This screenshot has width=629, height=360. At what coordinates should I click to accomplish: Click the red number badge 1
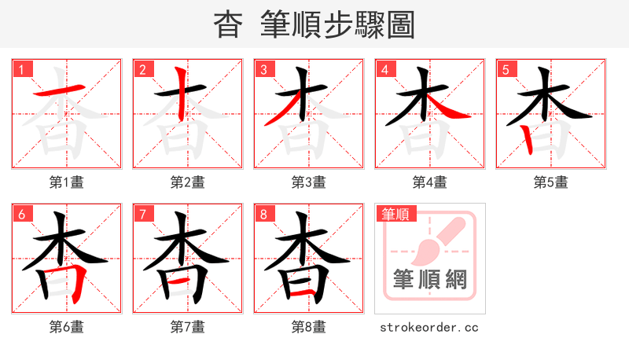coord(21,69)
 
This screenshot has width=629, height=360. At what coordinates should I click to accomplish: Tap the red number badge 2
coord(142,69)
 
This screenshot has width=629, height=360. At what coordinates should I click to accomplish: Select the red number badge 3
coord(263,69)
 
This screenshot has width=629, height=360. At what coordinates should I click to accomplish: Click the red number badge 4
coord(384,69)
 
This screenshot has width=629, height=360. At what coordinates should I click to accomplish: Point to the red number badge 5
coord(506,69)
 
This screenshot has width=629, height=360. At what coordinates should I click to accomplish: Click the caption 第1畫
coord(67,182)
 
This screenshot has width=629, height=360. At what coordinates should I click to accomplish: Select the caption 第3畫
coord(309,182)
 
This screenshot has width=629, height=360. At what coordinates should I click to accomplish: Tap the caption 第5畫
coord(551,182)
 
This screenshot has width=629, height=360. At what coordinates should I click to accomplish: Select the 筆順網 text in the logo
coord(430,280)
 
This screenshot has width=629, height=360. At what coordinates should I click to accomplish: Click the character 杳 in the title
coord(228,25)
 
